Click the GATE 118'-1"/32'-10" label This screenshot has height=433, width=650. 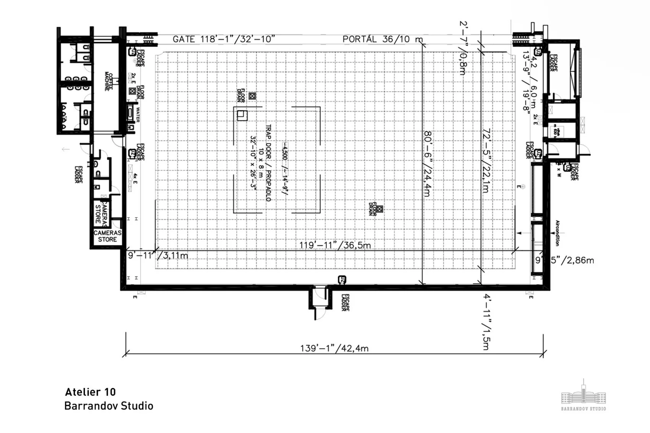[224, 39]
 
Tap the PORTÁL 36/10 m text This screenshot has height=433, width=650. [382, 39]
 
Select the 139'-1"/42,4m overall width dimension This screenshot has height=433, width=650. [334, 348]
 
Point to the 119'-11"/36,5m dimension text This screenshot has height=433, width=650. [335, 245]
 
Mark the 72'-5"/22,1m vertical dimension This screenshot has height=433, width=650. [486, 161]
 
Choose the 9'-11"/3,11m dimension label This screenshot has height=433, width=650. [158, 255]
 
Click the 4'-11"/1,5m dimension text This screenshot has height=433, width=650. [486, 322]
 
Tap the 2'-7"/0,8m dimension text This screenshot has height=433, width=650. [463, 48]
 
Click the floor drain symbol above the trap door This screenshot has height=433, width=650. [252, 96]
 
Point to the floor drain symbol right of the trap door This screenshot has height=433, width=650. [379, 209]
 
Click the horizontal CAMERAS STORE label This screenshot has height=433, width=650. [107, 236]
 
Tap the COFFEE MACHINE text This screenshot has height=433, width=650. [109, 81]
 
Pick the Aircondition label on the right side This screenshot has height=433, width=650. [557, 233]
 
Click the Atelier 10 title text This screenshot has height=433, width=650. [90, 392]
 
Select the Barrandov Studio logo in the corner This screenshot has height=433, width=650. [583, 396]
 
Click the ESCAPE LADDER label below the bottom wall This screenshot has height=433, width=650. [346, 302]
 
